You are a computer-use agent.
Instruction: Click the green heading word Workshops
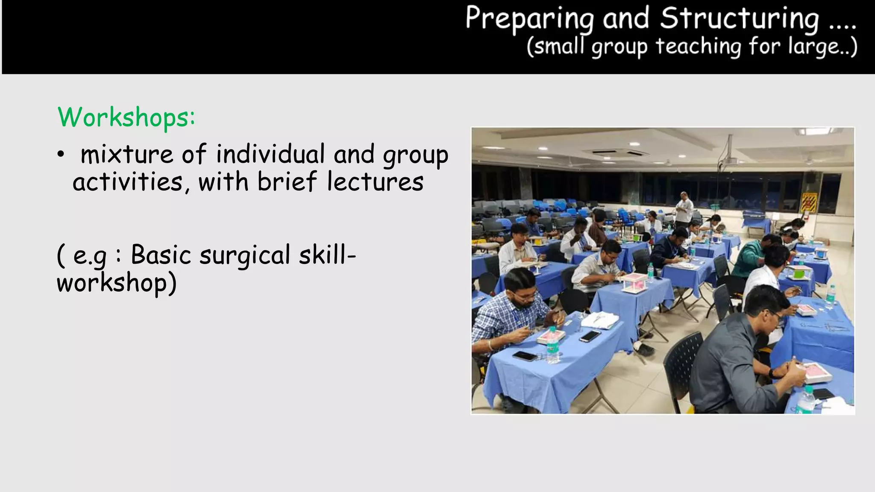click(x=126, y=117)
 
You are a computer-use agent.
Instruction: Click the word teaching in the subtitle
click(x=698, y=46)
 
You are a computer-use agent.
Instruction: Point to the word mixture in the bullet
click(x=126, y=154)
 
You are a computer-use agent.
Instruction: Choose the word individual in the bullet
click(x=270, y=154)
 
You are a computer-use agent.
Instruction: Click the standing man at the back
click(x=684, y=209)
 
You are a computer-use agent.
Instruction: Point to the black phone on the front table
click(x=524, y=355)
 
